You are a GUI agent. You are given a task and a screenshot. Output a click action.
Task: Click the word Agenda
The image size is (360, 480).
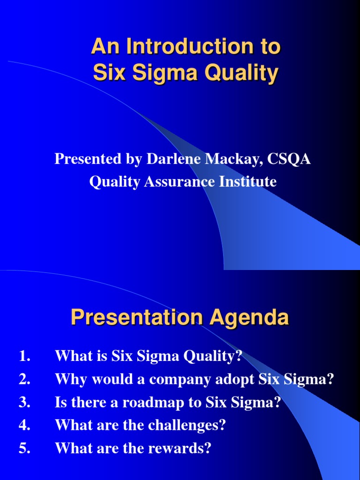point(249,318)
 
